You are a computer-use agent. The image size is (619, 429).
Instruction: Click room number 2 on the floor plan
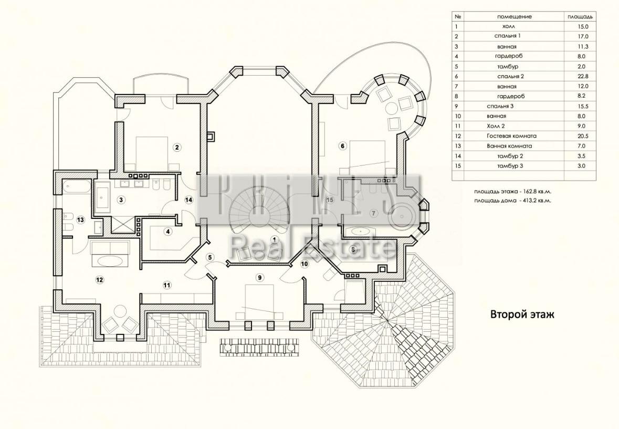tap(177, 148)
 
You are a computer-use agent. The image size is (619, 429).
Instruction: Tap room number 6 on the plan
tap(342, 145)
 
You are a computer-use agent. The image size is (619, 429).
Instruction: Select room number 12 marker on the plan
tap(99, 280)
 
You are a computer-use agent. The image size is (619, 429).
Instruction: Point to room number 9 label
tap(259, 278)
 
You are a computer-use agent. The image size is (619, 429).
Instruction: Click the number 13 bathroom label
tap(80, 220)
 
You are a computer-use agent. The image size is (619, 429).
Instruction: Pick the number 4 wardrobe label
tap(168, 232)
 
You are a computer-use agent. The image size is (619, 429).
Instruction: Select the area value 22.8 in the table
tap(582, 76)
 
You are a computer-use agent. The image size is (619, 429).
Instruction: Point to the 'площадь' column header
tap(580, 17)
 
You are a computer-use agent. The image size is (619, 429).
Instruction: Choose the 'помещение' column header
tap(515, 17)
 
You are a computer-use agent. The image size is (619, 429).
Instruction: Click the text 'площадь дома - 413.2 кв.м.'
tap(513, 201)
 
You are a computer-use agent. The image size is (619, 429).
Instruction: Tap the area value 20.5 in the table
tap(582, 136)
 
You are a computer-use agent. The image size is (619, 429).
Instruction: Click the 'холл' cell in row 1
tap(508, 26)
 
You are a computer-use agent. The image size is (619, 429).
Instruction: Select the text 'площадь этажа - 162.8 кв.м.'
tap(513, 192)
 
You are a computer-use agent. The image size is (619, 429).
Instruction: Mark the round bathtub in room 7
tap(402, 215)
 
